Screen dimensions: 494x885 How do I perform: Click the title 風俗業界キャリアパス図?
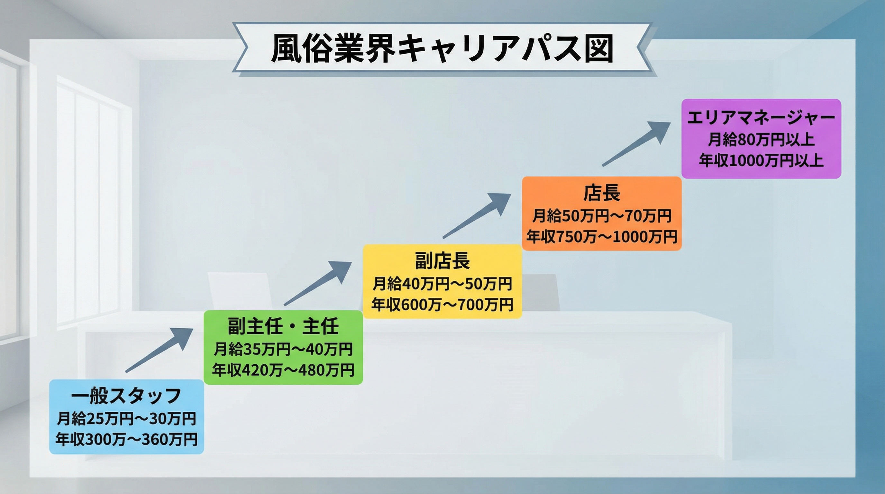(442, 48)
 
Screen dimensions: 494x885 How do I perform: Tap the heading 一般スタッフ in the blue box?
(126, 396)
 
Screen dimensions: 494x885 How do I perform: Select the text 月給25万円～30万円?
(126, 418)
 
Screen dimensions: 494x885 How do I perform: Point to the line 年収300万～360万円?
(126, 439)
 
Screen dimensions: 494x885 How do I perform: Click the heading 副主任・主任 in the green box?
(283, 326)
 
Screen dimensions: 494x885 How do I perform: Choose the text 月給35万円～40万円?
(283, 349)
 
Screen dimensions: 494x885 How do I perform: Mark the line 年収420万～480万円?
(283, 370)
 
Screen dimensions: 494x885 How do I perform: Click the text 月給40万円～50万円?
(442, 283)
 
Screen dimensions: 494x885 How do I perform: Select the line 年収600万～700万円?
(442, 304)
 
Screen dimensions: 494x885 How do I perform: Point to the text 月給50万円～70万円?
(602, 216)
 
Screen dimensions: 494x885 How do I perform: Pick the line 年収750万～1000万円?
(602, 237)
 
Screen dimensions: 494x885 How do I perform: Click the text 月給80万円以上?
(761, 140)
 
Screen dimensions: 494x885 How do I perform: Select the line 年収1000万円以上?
(761, 160)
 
